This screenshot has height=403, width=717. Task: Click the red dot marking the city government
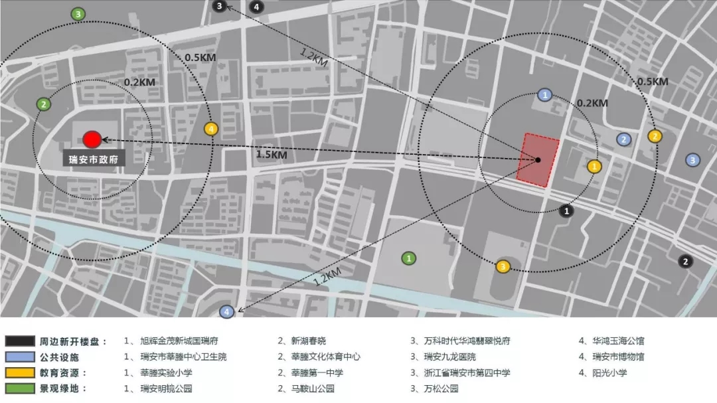(x=92, y=139)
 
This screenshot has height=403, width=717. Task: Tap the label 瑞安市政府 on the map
(x=94, y=160)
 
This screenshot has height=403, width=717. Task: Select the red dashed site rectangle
(x=538, y=160)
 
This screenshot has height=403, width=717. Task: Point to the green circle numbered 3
(x=78, y=14)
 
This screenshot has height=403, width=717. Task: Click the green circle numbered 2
(x=43, y=104)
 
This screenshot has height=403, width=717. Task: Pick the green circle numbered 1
(x=410, y=258)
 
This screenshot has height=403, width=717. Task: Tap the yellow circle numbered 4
(x=210, y=129)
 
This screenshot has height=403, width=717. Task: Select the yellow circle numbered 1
(x=594, y=167)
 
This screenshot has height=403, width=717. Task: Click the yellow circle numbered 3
(x=503, y=267)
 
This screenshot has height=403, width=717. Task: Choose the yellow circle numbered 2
(x=655, y=136)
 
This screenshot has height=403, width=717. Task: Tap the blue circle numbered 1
(x=545, y=96)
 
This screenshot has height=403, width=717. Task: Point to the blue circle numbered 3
(x=692, y=159)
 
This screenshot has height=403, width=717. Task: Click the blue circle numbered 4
(x=226, y=311)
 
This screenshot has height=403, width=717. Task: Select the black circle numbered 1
(x=566, y=210)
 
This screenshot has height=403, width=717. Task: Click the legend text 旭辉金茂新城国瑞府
(x=179, y=341)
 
